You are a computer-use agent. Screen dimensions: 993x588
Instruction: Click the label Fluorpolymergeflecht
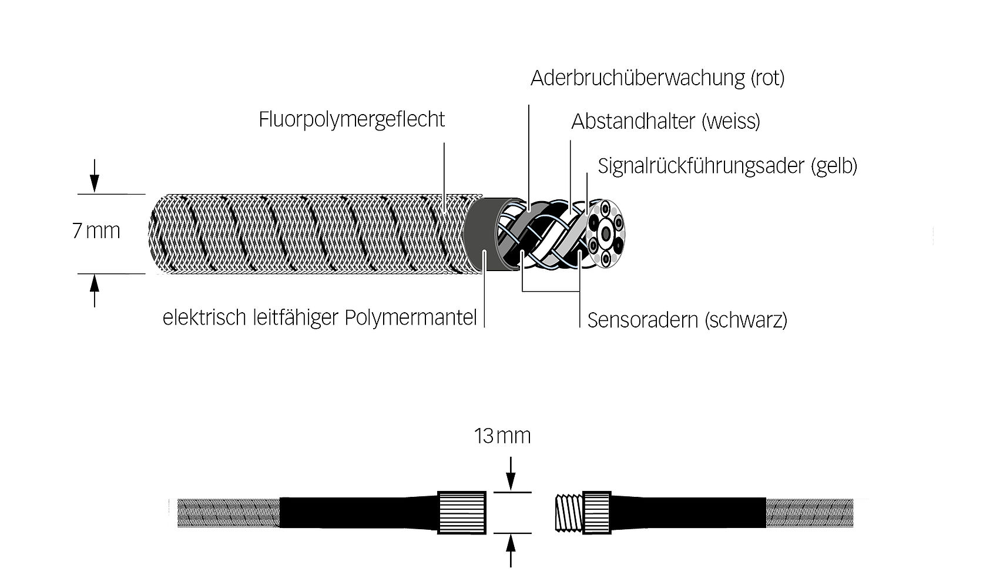(x=351, y=120)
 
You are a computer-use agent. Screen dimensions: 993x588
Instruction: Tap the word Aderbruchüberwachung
(x=638, y=78)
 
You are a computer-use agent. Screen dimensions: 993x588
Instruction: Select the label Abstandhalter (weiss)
(x=665, y=121)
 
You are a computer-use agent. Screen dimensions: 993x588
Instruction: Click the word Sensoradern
(x=643, y=320)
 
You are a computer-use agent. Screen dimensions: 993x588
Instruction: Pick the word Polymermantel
(x=411, y=318)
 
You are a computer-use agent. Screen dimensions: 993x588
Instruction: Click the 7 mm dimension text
(x=96, y=230)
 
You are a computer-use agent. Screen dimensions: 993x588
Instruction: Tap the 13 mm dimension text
(x=502, y=436)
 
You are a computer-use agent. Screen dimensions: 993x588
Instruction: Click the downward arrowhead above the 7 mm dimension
(x=95, y=183)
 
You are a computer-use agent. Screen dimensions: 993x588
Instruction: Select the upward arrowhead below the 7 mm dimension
(x=95, y=283)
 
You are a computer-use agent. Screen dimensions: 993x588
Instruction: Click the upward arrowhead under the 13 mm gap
(x=511, y=543)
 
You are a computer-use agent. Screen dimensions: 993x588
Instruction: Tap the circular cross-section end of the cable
(x=605, y=234)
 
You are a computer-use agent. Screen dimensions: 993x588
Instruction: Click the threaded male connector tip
(x=569, y=513)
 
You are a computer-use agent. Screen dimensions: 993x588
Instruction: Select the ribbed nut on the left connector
(x=461, y=513)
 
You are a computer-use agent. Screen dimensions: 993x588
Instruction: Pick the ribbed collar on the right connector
(x=597, y=513)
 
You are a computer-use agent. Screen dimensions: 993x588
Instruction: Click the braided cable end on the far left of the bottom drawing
(x=229, y=513)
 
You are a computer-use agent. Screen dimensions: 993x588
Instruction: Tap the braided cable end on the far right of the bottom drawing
(x=810, y=513)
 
